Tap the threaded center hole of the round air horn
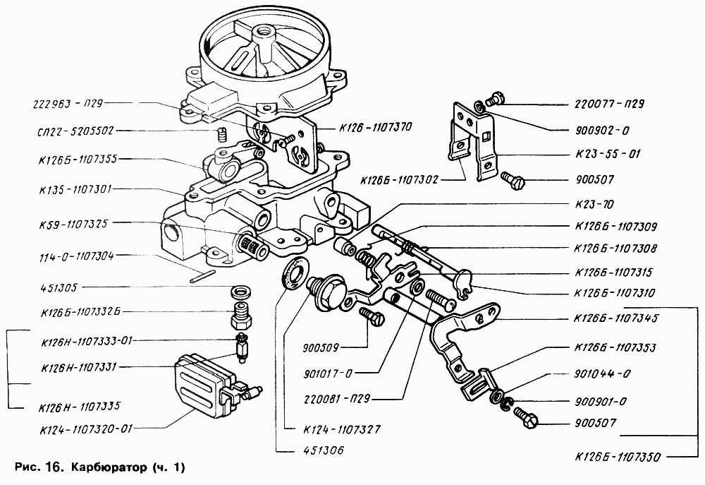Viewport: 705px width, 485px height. [267, 32]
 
